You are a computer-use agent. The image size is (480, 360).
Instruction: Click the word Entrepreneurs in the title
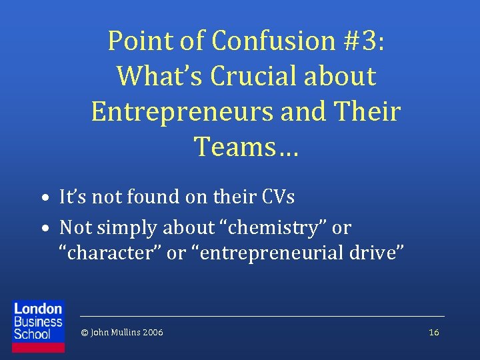[181, 111]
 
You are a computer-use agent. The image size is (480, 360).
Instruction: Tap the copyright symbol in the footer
[83, 332]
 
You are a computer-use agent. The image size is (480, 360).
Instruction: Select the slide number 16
[434, 332]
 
